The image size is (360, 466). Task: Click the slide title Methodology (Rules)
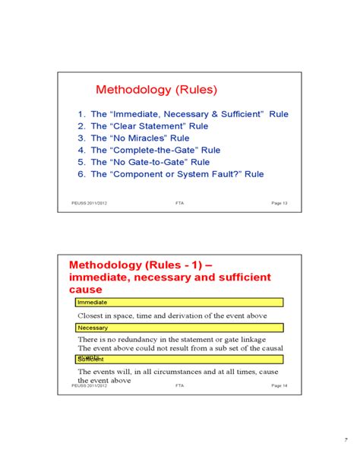coord(155,90)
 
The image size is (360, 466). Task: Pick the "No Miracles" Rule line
coord(139,138)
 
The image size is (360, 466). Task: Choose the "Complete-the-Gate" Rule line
coord(156,150)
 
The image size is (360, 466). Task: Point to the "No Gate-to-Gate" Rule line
coord(150,162)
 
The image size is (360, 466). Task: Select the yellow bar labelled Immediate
coord(179,302)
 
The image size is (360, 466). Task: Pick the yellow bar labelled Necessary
coord(179,328)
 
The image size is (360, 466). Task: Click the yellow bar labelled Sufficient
coord(179,358)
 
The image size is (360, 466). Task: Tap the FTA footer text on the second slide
coord(179,385)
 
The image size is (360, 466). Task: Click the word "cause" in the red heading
coord(85,290)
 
